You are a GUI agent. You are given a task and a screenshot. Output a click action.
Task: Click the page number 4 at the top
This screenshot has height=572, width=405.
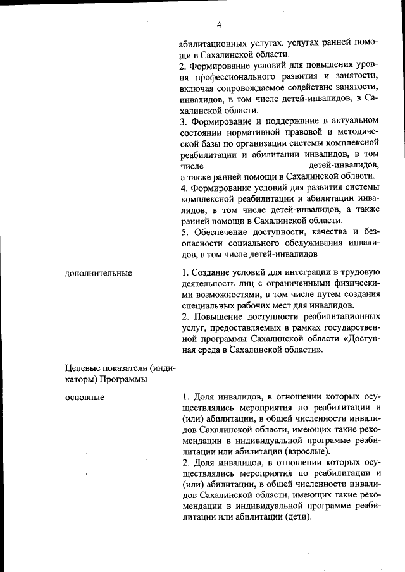tap(218, 25)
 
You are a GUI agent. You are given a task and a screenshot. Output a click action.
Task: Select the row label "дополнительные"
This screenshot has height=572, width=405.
tap(98, 272)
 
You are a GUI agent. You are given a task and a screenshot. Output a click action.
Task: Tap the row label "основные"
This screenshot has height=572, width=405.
tap(84, 397)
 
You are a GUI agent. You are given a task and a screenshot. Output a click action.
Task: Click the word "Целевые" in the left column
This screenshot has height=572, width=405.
tap(82, 368)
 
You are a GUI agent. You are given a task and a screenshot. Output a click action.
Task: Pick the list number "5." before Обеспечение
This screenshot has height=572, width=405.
tap(184, 232)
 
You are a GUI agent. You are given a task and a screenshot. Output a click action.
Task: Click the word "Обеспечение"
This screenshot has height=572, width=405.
tap(219, 232)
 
